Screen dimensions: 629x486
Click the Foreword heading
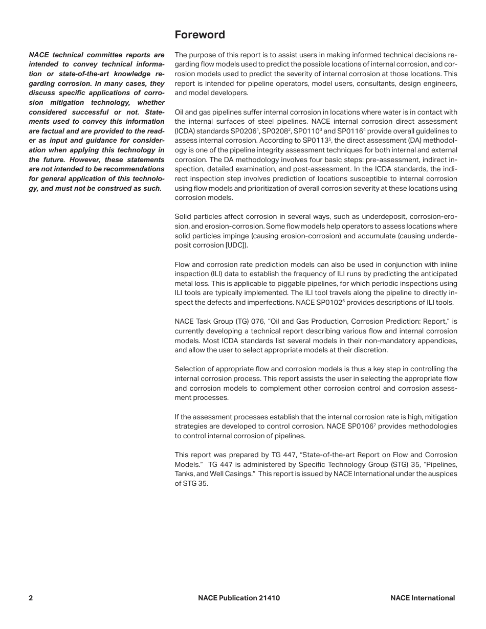coord(200,35)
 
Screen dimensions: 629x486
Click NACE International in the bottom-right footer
coord(422,598)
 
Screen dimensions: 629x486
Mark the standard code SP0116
coord(350,131)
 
